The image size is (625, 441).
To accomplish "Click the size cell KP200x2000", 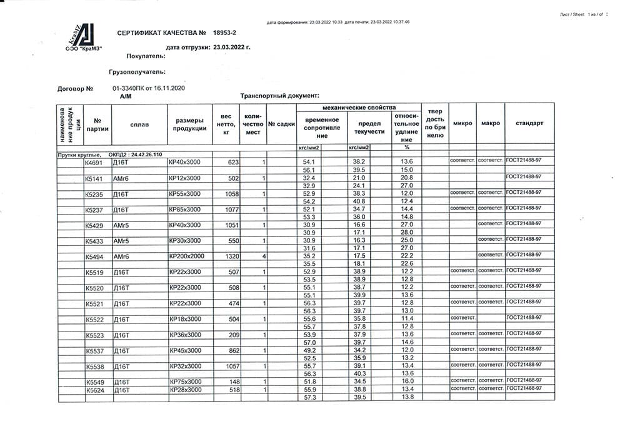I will [x=187, y=256].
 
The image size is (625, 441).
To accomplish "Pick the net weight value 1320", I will [x=231, y=256].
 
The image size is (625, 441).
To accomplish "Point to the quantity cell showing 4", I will [x=264, y=256].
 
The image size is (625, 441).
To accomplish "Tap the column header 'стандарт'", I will [x=529, y=123].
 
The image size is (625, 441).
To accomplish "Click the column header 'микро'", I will [x=462, y=123].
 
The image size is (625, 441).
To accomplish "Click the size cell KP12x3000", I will [x=185, y=178].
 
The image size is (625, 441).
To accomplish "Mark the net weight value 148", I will [x=233, y=382].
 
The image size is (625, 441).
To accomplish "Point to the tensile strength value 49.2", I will [x=310, y=350].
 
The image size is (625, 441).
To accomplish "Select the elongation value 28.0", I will [x=407, y=233].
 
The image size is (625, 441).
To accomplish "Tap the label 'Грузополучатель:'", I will [x=136, y=72].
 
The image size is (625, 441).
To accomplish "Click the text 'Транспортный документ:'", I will [x=279, y=96].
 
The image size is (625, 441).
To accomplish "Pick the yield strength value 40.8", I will [x=359, y=201].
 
